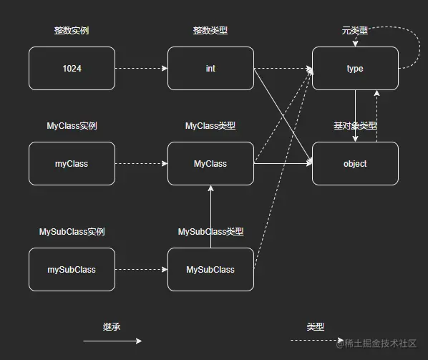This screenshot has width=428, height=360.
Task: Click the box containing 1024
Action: pos(72,69)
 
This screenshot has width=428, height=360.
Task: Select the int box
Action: pos(210,69)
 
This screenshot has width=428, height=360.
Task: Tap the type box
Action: pos(355,69)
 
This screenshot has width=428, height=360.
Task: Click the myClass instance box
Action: pos(72,164)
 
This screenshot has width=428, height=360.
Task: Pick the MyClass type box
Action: pos(210,164)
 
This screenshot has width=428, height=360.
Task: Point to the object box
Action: pos(355,164)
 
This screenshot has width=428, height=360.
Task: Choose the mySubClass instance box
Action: pos(72,270)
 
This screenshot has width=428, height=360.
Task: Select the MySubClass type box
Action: pos(210,270)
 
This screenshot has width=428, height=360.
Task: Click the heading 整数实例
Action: pos(72,31)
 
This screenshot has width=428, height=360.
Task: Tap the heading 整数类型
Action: pos(210,31)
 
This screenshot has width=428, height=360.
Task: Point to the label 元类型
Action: pos(355,31)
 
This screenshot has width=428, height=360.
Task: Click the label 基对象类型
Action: pos(355,126)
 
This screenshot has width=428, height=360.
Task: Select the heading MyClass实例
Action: pos(72,126)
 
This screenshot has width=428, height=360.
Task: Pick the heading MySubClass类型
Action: pos(210,232)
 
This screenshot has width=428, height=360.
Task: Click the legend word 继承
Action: pos(112,326)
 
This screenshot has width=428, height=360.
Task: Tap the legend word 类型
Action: pos(316,326)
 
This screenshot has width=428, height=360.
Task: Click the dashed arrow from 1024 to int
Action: pos(141,69)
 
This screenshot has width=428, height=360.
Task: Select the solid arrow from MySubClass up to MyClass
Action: pos(211,215)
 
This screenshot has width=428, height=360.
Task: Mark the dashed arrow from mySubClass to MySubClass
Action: pos(141,270)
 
